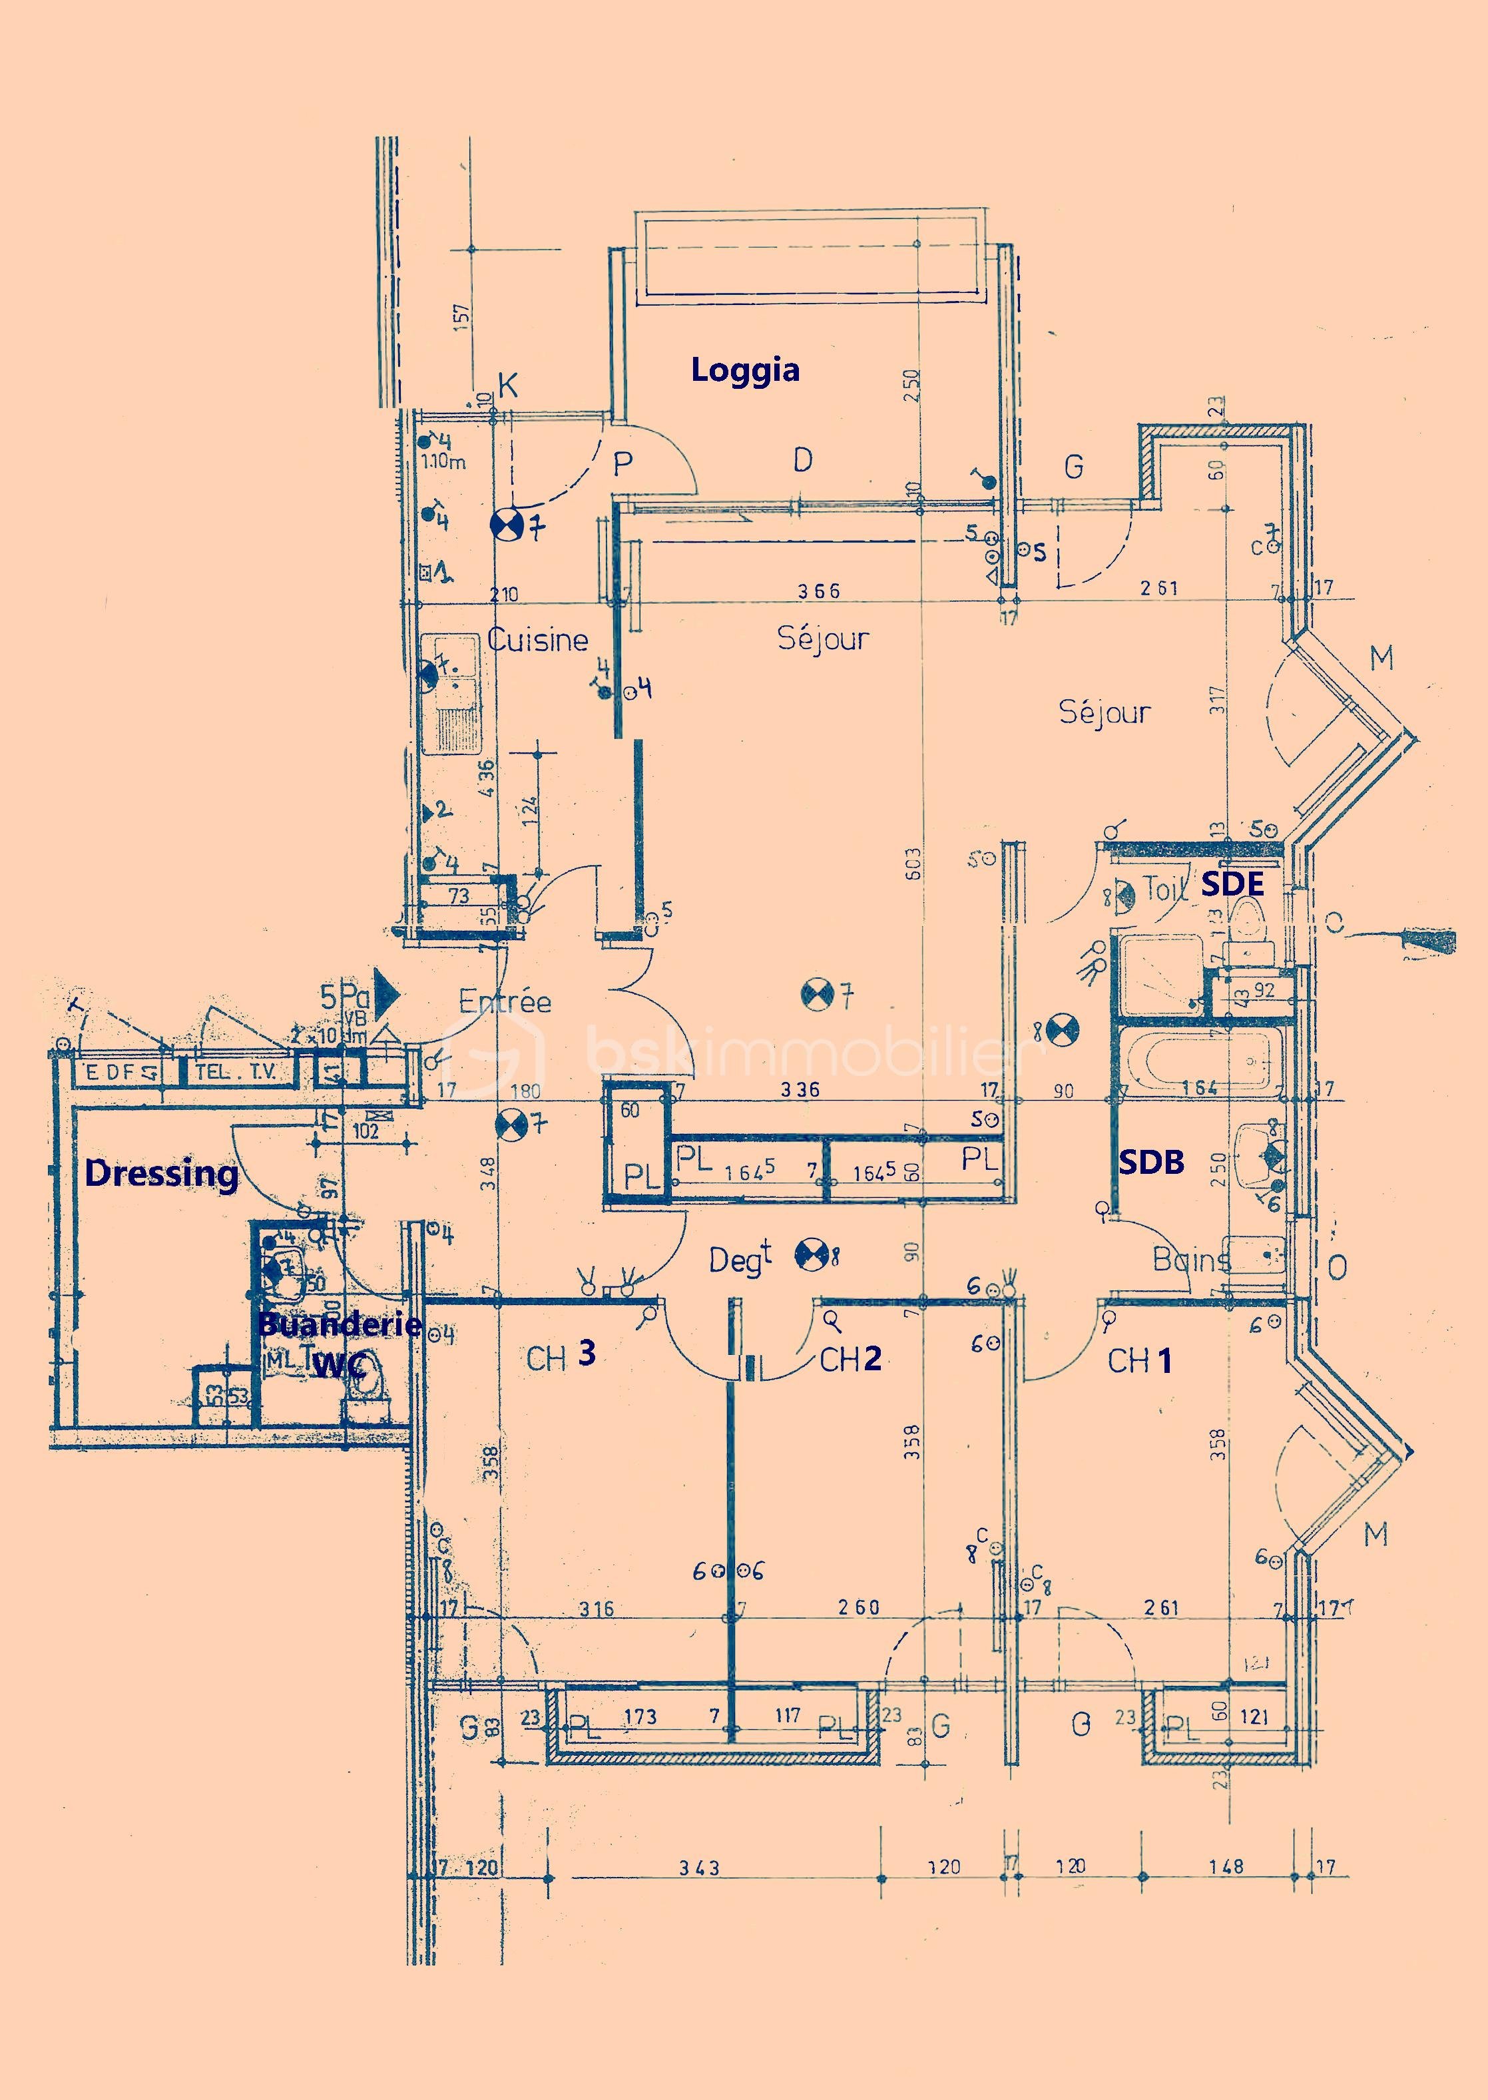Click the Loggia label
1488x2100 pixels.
tap(745, 370)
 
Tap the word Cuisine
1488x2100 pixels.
tap(538, 640)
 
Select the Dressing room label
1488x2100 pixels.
tap(161, 1173)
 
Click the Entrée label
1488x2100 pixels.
tap(505, 1001)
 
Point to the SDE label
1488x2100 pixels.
tap(1232, 884)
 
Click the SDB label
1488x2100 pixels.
tap(1152, 1162)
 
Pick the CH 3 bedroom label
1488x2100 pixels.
tap(561, 1356)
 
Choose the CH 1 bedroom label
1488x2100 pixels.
tap(1139, 1360)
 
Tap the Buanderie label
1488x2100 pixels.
tap(339, 1323)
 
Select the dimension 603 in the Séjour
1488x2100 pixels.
tap(913, 864)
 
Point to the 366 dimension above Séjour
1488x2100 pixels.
tap(818, 591)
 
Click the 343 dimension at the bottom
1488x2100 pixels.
tap(699, 1867)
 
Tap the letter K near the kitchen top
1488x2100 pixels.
tap(507, 386)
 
